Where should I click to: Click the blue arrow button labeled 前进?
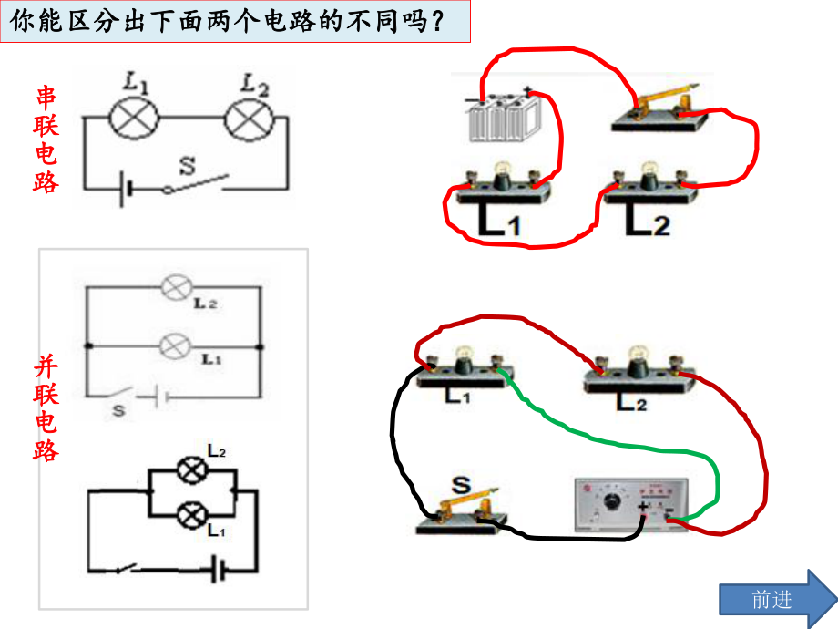pyautogui.click(x=775, y=598)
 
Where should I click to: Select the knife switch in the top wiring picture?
pyautogui.click(x=658, y=109)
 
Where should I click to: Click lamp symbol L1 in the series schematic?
pyautogui.click(x=134, y=118)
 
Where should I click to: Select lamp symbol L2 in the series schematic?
pyautogui.click(x=249, y=118)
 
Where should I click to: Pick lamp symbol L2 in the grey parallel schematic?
pyautogui.click(x=173, y=289)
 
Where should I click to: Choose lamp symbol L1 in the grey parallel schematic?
pyautogui.click(x=173, y=346)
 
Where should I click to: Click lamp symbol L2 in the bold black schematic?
pyautogui.click(x=190, y=470)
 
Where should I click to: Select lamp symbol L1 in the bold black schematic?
pyautogui.click(x=190, y=515)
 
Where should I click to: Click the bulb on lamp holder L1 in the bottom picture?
pyautogui.click(x=463, y=354)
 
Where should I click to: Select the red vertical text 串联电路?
pyautogui.click(x=46, y=139)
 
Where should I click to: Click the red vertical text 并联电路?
pyautogui.click(x=46, y=407)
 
